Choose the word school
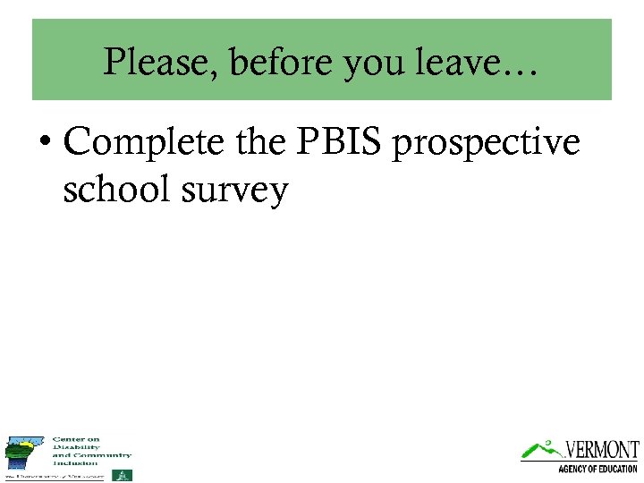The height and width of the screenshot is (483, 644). pos(114,189)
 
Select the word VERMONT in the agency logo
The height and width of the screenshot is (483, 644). pos(600,449)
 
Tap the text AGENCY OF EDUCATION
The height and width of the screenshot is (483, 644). pos(597,469)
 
